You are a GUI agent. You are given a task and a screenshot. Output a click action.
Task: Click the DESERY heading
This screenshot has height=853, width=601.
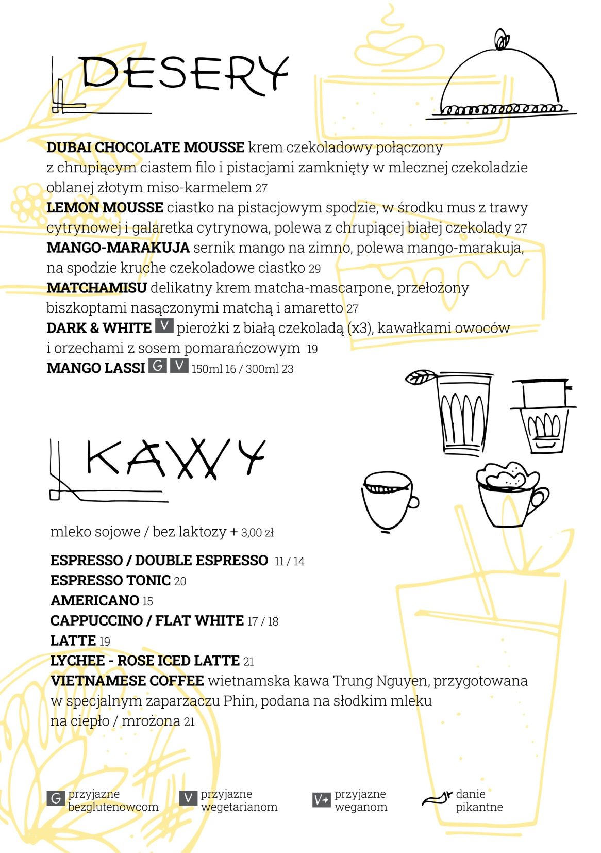coord(183,74)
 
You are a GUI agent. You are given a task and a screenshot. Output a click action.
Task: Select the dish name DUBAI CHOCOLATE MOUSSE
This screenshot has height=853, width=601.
coord(145,147)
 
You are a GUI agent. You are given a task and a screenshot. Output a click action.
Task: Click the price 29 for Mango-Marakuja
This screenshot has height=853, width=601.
coord(314,269)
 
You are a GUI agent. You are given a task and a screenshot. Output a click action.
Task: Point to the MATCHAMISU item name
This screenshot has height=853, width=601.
coord(96,288)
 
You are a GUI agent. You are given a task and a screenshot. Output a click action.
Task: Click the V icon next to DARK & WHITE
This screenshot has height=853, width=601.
coord(164,326)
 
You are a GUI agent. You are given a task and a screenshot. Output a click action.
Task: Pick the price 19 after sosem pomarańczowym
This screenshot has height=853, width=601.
coord(312,349)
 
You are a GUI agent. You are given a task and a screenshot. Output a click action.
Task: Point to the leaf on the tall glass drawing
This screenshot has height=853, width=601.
coord(420,377)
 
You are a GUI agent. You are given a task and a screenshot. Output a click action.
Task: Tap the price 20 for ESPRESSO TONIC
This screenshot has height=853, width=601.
coord(180,581)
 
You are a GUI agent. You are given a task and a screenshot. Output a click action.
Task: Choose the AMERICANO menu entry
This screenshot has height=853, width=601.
coord(95,600)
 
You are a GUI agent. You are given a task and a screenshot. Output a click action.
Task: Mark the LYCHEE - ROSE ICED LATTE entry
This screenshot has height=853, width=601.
coord(145,661)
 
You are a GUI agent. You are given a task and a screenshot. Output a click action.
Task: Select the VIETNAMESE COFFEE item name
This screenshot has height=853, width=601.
coord(127,681)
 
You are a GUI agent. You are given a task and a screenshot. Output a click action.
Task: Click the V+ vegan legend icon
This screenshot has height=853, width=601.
coord(321,799)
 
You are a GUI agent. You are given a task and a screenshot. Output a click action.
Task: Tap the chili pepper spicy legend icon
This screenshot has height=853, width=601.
coord(436,798)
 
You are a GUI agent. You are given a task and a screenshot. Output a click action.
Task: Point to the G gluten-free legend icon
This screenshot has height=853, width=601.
coord(55,798)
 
